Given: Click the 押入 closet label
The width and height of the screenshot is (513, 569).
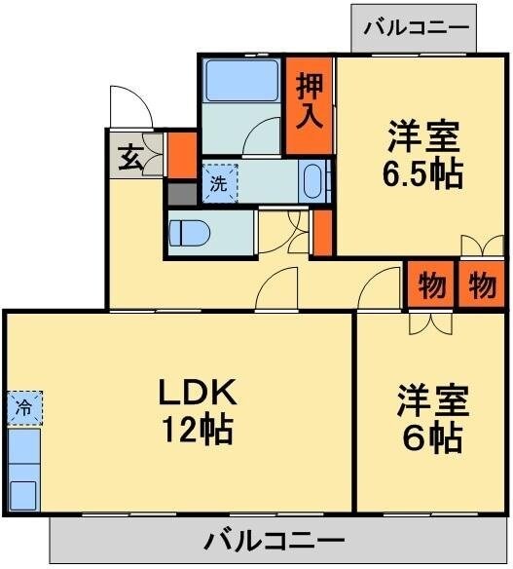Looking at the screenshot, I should pyautogui.click(x=311, y=98).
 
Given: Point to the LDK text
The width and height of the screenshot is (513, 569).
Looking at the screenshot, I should pyautogui.click(x=198, y=393).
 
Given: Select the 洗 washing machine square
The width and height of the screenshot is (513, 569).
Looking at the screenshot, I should pyautogui.click(x=219, y=182).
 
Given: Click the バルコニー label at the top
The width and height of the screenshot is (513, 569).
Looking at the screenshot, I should pyautogui.click(x=415, y=27).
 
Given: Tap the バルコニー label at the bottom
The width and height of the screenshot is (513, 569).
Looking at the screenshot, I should pyautogui.click(x=275, y=540).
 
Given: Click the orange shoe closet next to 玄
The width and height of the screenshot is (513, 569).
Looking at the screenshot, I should pyautogui.click(x=181, y=154).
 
